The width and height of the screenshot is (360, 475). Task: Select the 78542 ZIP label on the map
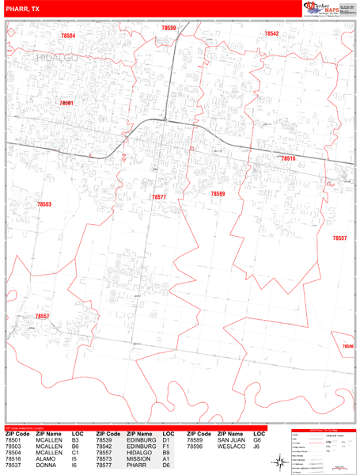[271, 33]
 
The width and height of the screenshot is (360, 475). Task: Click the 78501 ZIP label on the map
[66, 103]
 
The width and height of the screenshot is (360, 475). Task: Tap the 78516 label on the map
[288, 158]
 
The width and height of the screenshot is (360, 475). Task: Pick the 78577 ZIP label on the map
[159, 196]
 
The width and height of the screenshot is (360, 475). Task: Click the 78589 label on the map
[218, 193]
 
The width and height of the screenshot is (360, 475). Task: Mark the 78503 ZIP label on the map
[44, 204]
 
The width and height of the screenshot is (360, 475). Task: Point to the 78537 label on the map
[339, 237]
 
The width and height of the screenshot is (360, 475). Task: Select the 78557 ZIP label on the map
[43, 316]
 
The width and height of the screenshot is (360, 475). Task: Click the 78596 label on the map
[348, 345]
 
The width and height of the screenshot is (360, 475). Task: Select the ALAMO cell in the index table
[44, 458]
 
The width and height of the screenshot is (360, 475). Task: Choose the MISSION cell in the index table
[137, 458]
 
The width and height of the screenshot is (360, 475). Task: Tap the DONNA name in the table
[44, 465]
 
